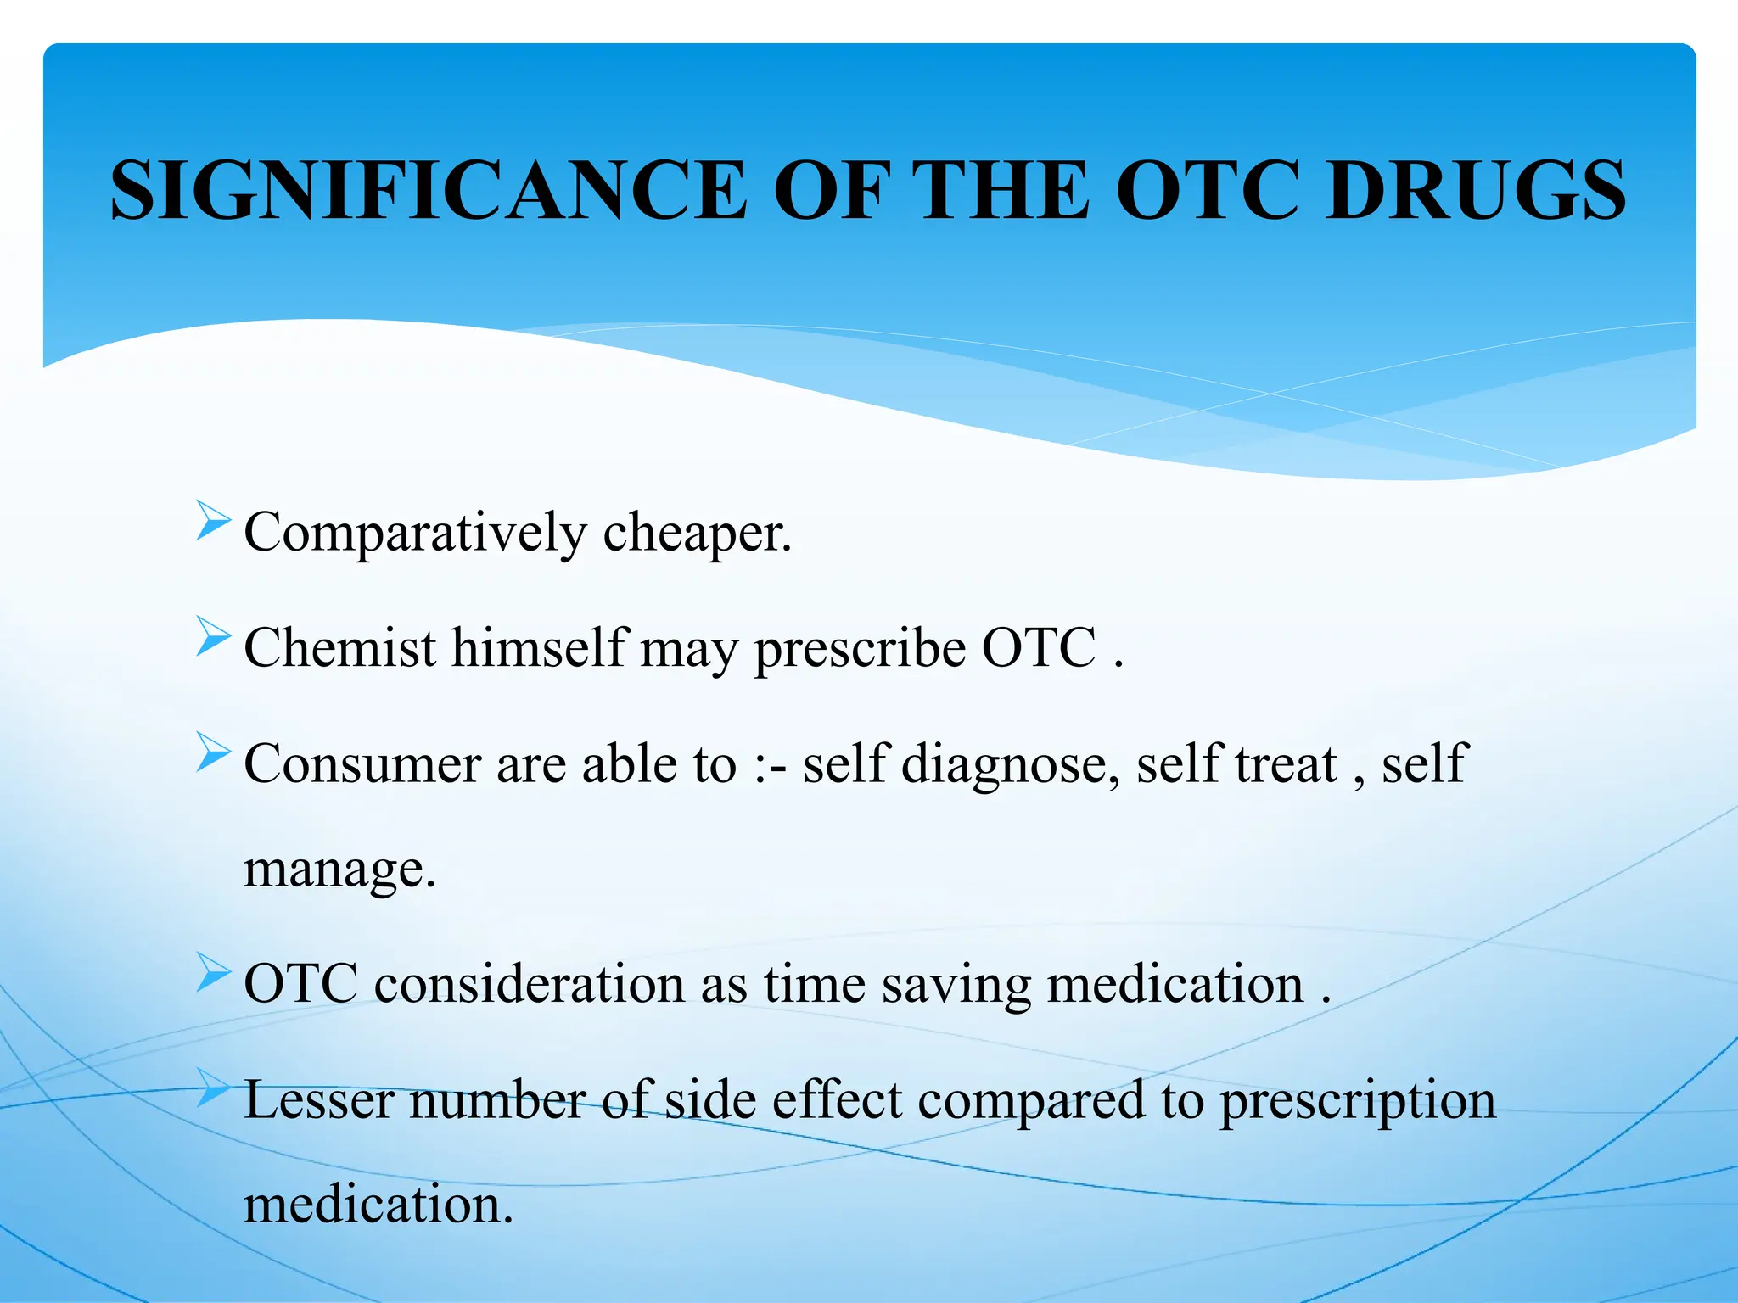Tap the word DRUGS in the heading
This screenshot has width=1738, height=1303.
(x=1475, y=191)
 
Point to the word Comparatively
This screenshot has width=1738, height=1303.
(x=415, y=534)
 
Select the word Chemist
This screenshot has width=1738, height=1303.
(x=340, y=649)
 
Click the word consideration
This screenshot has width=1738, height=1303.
(x=529, y=985)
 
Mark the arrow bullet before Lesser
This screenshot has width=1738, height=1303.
(x=212, y=1088)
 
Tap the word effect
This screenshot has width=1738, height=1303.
(x=837, y=1100)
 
